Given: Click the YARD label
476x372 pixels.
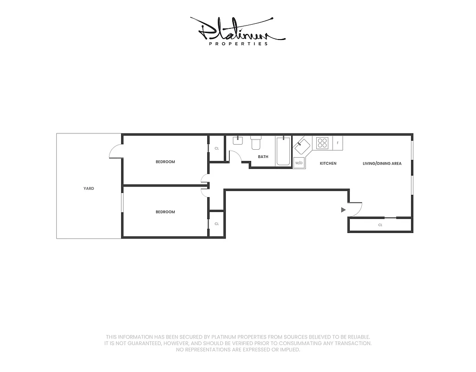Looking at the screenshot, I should tap(89, 188).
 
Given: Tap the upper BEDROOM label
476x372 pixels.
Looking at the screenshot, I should tap(165, 162).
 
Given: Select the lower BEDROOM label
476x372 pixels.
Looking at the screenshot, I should tap(165, 212).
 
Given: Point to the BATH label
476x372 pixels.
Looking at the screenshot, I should tap(263, 157).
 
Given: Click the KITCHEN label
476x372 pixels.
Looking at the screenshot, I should tap(328, 164).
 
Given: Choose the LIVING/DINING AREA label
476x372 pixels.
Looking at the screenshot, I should tap(382, 164).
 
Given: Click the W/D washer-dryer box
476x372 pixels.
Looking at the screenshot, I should tap(299, 163).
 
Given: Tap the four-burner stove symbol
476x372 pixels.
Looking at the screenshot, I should tap(323, 143).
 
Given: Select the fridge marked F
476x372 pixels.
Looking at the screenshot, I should tap(337, 143).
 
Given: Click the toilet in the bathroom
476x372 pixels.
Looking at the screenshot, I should tap(256, 142).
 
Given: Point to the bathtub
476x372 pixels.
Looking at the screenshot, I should tap(283, 151).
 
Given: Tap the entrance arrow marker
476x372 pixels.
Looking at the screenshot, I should tap(343, 210).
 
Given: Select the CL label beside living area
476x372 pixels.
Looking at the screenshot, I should tap(380, 225).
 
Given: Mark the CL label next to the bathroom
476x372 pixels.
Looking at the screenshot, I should tap(216, 149).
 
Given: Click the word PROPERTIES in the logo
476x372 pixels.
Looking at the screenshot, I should tap(239, 44).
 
